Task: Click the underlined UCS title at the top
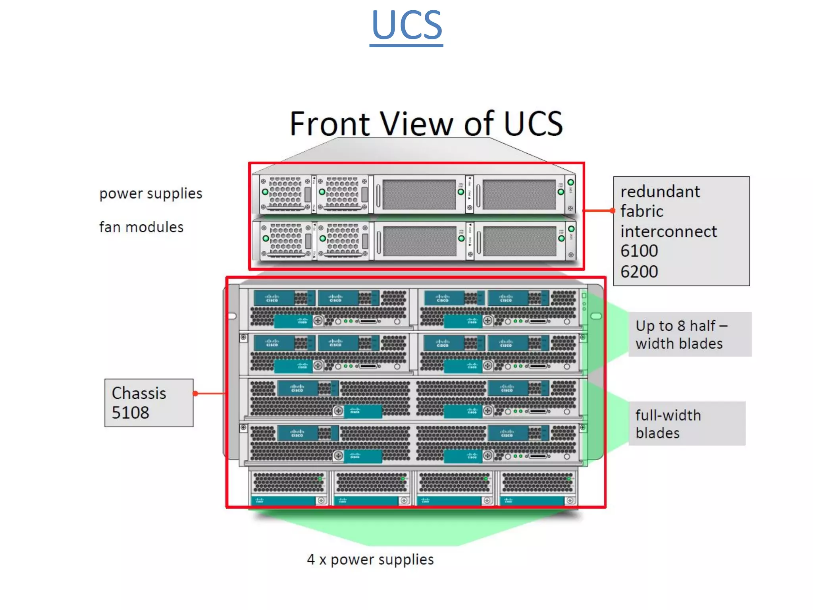pyautogui.click(x=406, y=26)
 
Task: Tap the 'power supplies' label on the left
pyautogui.click(x=150, y=193)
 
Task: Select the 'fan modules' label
pyautogui.click(x=141, y=227)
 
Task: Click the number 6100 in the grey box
pyautogui.click(x=639, y=251)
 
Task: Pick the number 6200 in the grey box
pyautogui.click(x=639, y=272)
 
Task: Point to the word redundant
pyautogui.click(x=660, y=192)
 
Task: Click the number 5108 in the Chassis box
pyautogui.click(x=130, y=413)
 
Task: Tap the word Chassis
pyautogui.click(x=139, y=393)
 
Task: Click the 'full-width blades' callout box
pyautogui.click(x=687, y=424)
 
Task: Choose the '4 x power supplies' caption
pyautogui.click(x=370, y=560)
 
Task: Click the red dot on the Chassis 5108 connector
pyautogui.click(x=195, y=394)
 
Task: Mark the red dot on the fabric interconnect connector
pyautogui.click(x=613, y=210)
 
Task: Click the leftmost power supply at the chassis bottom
pyautogui.click(x=289, y=488)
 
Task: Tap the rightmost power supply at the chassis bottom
pyautogui.click(x=538, y=488)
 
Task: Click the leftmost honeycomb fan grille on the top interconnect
pyautogui.click(x=285, y=192)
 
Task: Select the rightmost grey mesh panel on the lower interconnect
pyautogui.click(x=519, y=241)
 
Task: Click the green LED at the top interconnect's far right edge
pyautogui.click(x=570, y=182)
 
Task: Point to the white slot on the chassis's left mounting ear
pyautogui.click(x=232, y=316)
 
